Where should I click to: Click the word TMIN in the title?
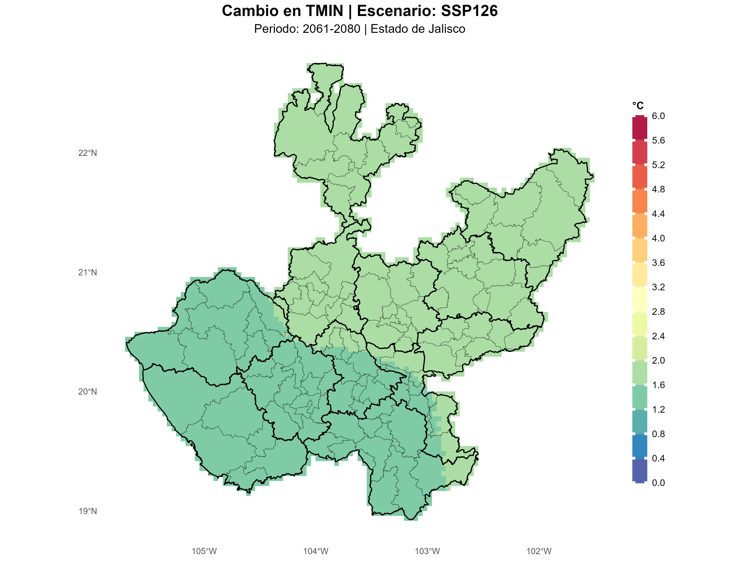[x=325, y=11]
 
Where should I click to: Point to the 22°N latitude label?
[x=88, y=153]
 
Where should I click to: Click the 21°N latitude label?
[x=88, y=272]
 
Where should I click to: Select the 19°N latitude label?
[x=88, y=511]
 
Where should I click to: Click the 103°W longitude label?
[x=427, y=551]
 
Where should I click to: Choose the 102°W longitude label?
[x=539, y=551]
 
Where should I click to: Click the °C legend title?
[x=638, y=106]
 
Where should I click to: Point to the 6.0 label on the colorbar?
[x=658, y=116]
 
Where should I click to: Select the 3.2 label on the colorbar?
[x=658, y=287]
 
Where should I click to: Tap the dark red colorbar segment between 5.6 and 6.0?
[x=640, y=128]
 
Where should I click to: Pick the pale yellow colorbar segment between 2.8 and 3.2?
[x=640, y=299]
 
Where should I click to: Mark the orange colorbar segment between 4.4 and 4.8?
[x=640, y=201]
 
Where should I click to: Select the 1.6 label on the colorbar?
[x=658, y=385]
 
